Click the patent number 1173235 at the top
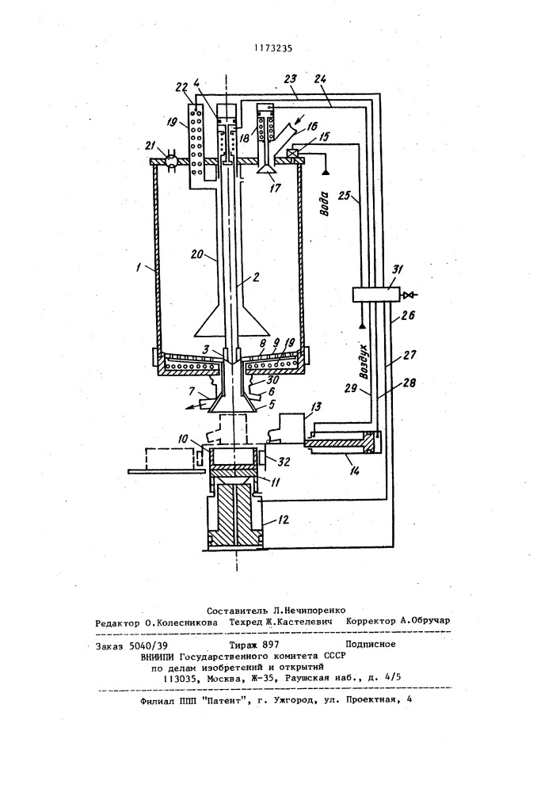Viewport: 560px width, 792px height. coord(274,48)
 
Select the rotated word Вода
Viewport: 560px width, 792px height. coord(326,203)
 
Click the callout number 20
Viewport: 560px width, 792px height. coord(198,254)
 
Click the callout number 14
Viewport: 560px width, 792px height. coord(355,470)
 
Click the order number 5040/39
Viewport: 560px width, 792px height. coord(148,645)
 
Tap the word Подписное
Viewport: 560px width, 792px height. coord(370,644)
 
